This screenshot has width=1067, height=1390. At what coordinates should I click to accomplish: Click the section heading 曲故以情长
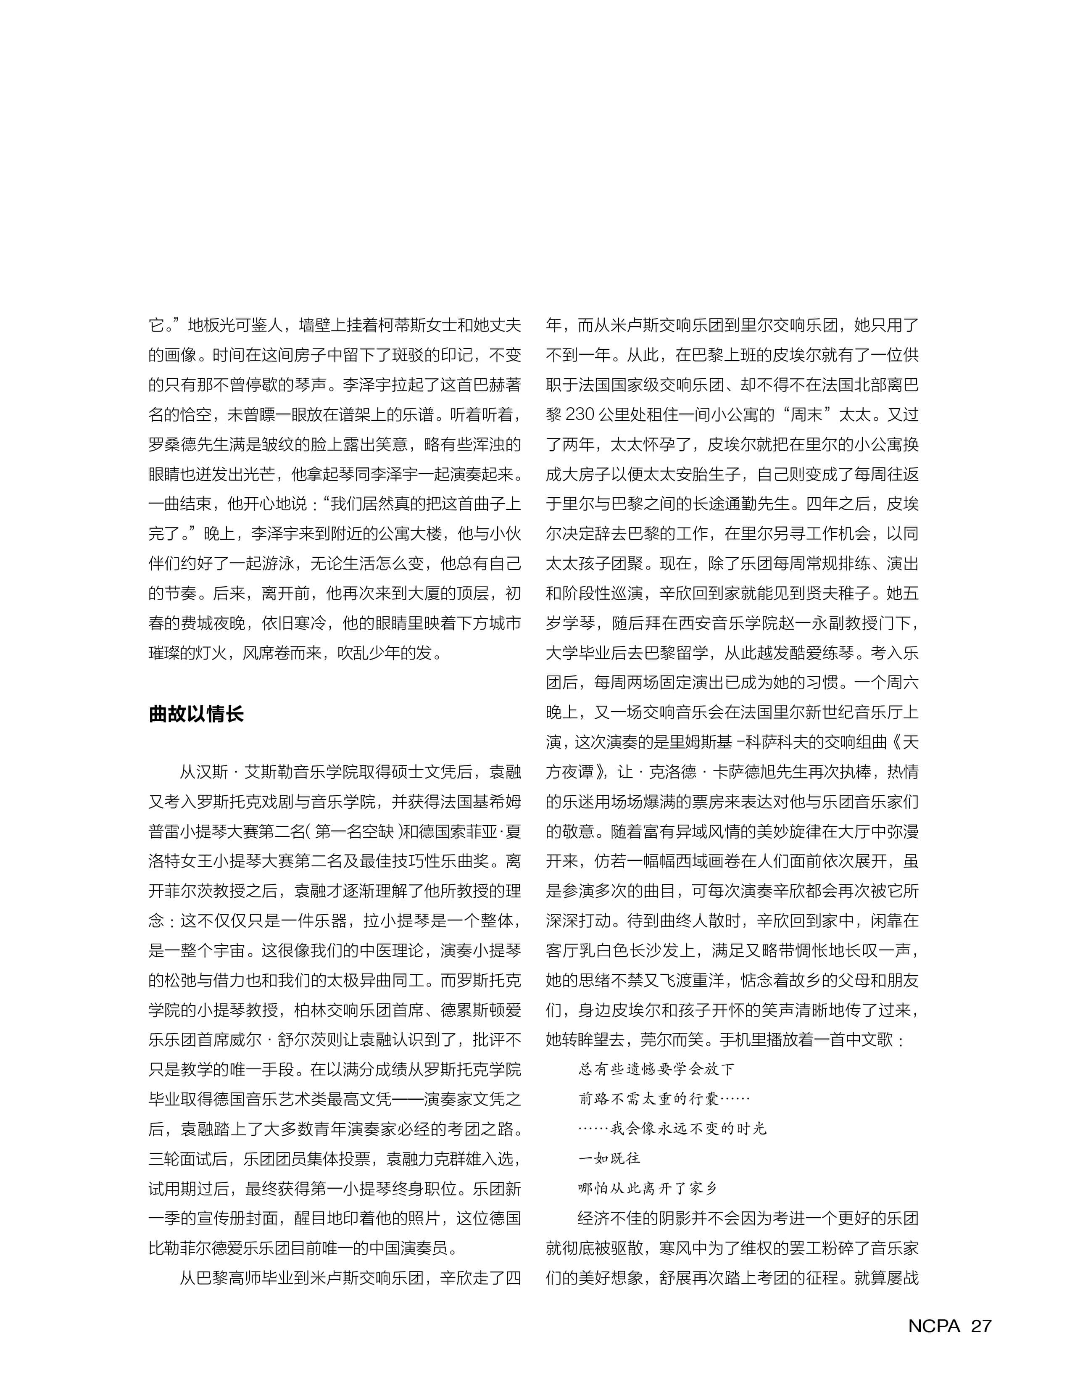click(x=196, y=714)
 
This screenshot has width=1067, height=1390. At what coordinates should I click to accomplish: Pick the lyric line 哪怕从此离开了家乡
click(x=648, y=1188)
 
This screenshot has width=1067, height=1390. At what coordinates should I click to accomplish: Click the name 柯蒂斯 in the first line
click(x=400, y=326)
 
